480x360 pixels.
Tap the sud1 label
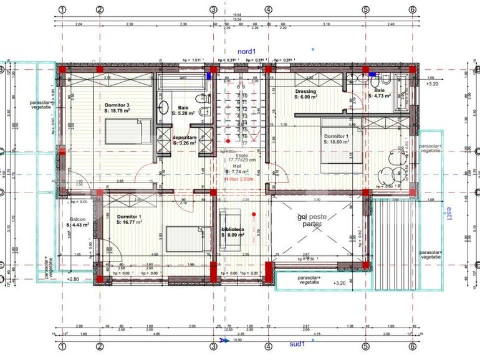(297, 343)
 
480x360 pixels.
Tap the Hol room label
(237, 167)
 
